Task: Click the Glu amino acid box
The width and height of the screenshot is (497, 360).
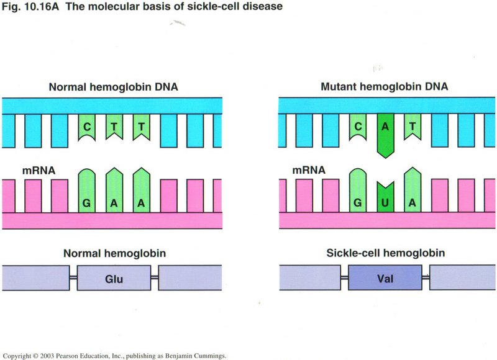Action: (x=114, y=278)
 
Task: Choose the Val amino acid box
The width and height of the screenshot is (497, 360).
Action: (x=385, y=278)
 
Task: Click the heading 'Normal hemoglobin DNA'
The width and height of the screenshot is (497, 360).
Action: (x=114, y=88)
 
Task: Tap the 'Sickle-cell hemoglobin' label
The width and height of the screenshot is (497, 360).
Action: (x=384, y=253)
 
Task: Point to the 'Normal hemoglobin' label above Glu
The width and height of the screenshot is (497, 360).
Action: (x=114, y=253)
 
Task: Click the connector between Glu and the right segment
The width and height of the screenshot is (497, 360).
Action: (x=155, y=278)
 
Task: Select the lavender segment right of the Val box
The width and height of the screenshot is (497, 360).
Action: (x=463, y=278)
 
